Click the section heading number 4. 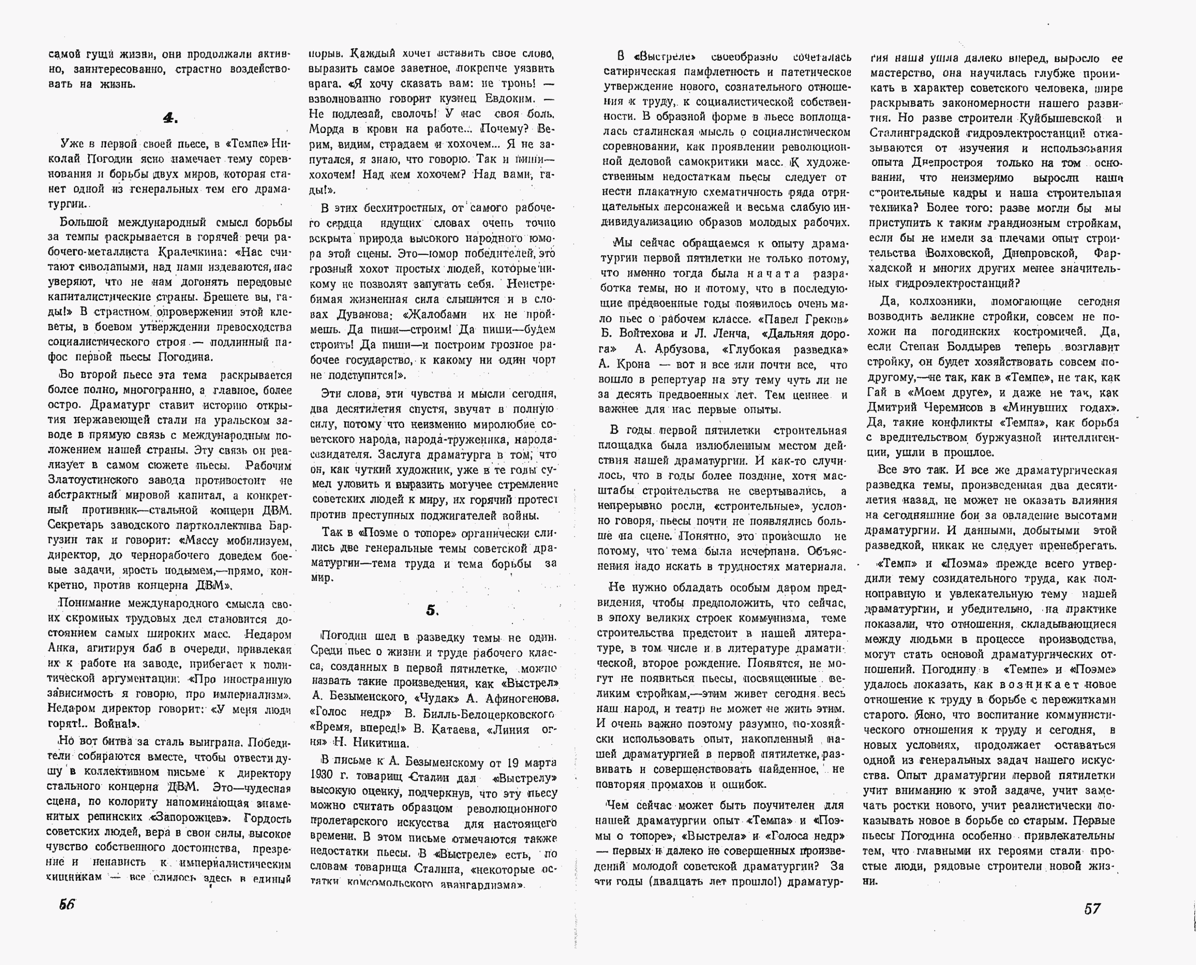tap(170, 118)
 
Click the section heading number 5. tap(432, 610)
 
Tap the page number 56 tap(67, 904)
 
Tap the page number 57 tap(1092, 908)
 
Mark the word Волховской tap(960, 253)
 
